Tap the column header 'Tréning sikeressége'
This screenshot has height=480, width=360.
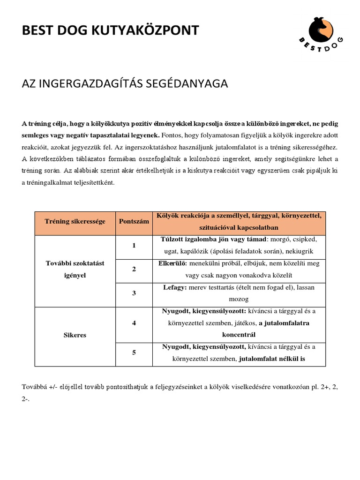pyautogui.click(x=75, y=221)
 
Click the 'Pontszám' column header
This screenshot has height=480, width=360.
pyautogui.click(x=134, y=221)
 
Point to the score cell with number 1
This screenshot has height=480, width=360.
pyautogui.click(x=134, y=246)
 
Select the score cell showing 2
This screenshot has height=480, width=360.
pyautogui.click(x=134, y=270)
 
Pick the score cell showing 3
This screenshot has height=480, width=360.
pyautogui.click(x=134, y=293)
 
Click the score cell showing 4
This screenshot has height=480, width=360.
pyautogui.click(x=134, y=323)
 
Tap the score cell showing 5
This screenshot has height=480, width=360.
pyautogui.click(x=134, y=353)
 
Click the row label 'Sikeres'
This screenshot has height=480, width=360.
pyautogui.click(x=75, y=335)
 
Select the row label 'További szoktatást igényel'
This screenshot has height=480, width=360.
pyautogui.click(x=75, y=270)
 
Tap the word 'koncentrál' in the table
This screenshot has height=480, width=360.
pyautogui.click(x=239, y=335)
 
